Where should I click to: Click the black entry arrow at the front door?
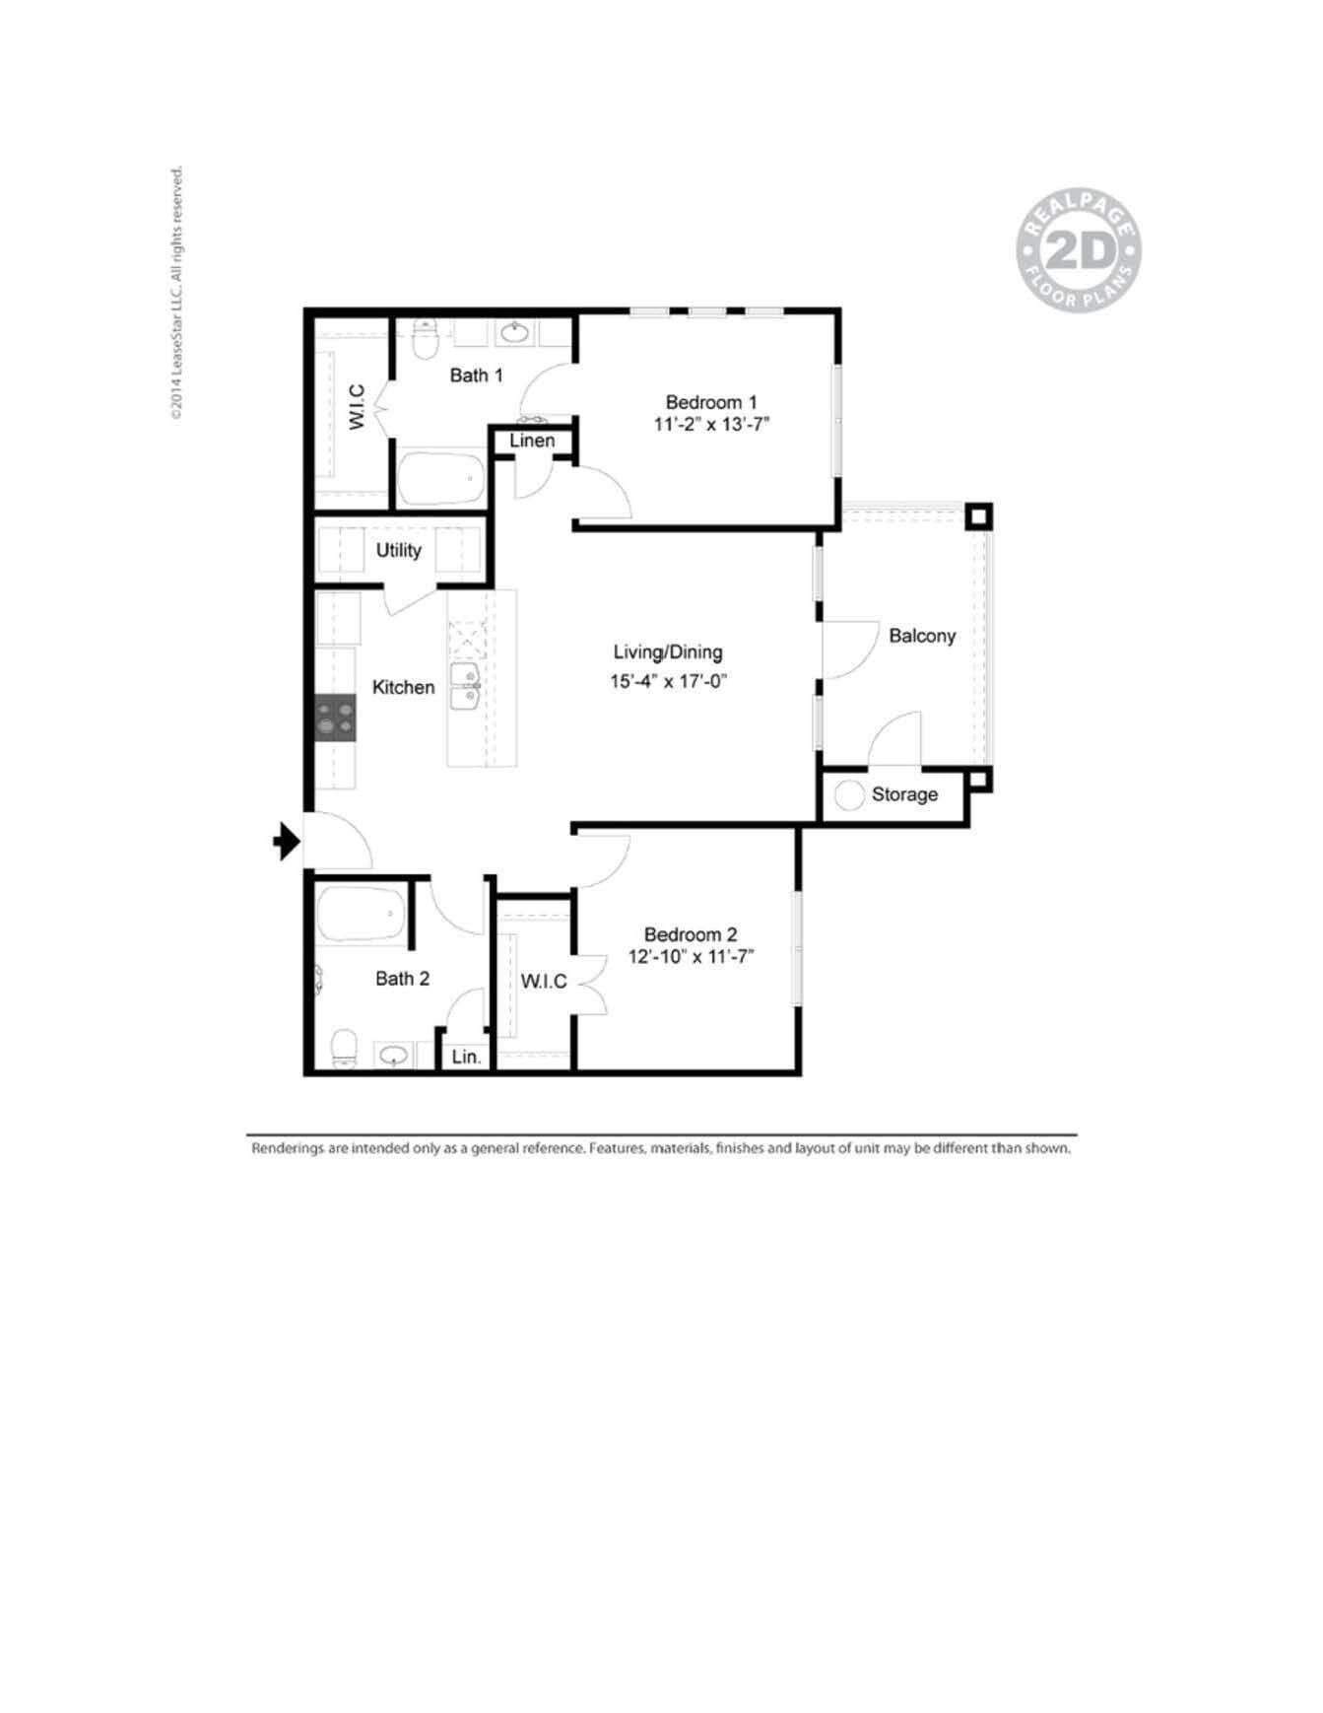[287, 841]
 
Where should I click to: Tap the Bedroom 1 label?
[710, 402]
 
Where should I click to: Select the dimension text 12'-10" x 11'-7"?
[691, 956]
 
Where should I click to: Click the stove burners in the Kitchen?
[335, 718]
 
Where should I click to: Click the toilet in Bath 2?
[344, 1048]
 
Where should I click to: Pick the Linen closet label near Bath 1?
[532, 441]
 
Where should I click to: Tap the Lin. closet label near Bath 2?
[466, 1057]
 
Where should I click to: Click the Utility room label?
[398, 550]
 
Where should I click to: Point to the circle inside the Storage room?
[849, 794]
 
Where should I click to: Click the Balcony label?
[921, 636]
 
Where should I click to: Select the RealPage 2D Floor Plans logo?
[1078, 252]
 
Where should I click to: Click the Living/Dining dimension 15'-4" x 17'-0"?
[667, 681]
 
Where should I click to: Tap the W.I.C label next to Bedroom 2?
[543, 981]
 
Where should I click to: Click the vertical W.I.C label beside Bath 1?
[357, 406]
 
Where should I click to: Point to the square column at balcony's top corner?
[977, 515]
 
